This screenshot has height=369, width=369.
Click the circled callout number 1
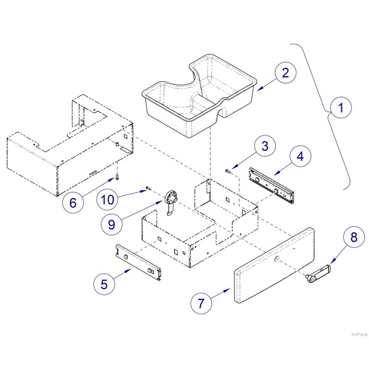[x=341, y=108]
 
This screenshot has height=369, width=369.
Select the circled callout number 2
[x=285, y=73]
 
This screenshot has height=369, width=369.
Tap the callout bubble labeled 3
[x=265, y=146]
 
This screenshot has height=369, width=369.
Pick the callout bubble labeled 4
[x=300, y=156]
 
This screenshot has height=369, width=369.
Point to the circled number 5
[x=105, y=284]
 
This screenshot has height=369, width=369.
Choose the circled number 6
[x=73, y=202]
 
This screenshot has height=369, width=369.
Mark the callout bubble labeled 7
[x=201, y=303]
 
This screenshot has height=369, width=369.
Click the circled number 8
[x=354, y=237]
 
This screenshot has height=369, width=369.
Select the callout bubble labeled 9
[x=111, y=224]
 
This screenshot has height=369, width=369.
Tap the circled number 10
[x=107, y=199]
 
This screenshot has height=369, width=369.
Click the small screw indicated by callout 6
[x=117, y=177]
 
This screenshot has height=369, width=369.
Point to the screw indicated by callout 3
[x=228, y=171]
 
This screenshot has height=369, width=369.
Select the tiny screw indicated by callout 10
[x=148, y=188]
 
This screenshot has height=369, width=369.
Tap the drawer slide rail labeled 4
[x=272, y=185]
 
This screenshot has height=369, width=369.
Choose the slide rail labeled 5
[x=138, y=262]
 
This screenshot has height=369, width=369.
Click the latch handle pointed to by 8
[x=318, y=272]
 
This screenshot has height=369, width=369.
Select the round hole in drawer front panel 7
[x=276, y=259]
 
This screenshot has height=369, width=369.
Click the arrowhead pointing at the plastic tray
[x=260, y=89]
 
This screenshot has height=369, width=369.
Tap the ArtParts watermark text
[x=360, y=335]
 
